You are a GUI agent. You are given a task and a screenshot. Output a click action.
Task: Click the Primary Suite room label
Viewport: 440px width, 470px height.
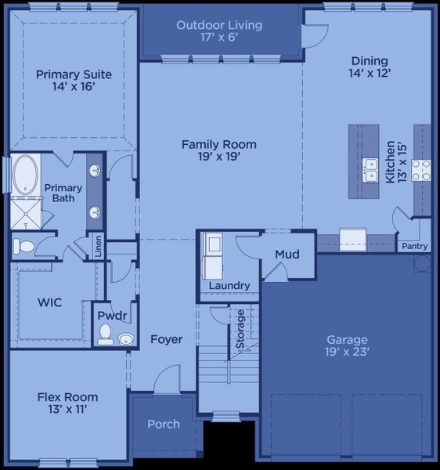(x=74, y=81)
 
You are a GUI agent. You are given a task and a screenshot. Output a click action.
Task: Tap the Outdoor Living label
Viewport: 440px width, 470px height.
(x=219, y=31)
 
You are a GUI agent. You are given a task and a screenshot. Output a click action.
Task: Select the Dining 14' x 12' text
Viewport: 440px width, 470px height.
(x=370, y=67)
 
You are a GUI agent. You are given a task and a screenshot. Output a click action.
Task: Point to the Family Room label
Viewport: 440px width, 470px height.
(x=219, y=150)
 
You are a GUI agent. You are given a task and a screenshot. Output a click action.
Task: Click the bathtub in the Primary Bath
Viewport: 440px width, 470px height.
(x=27, y=175)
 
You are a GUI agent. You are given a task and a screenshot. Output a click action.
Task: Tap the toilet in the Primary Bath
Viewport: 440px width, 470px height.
(x=24, y=246)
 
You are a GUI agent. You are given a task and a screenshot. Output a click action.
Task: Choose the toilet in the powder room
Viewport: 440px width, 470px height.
(x=105, y=334)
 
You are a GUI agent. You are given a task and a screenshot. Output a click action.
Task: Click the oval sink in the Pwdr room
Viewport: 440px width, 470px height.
(x=125, y=338)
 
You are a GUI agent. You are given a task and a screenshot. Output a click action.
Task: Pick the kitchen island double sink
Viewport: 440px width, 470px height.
(x=370, y=170)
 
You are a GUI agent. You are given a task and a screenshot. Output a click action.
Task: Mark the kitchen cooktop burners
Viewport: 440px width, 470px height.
(x=421, y=170)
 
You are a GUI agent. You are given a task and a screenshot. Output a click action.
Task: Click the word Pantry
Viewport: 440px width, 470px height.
(x=415, y=246)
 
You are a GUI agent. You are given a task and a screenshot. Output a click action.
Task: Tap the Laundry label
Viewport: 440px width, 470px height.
(x=229, y=286)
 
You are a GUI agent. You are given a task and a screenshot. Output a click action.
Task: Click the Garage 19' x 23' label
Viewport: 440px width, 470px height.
(x=347, y=345)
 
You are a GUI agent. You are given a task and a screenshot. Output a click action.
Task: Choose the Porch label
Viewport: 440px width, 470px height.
(x=164, y=425)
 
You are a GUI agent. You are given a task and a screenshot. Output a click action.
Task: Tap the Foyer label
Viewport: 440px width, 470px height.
(x=166, y=339)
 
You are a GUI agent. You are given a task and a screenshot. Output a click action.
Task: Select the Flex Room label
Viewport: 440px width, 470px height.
(x=67, y=403)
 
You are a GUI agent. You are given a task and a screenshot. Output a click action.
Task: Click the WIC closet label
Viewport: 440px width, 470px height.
(x=49, y=302)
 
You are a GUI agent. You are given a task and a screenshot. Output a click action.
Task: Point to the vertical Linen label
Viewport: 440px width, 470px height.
(x=99, y=246)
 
